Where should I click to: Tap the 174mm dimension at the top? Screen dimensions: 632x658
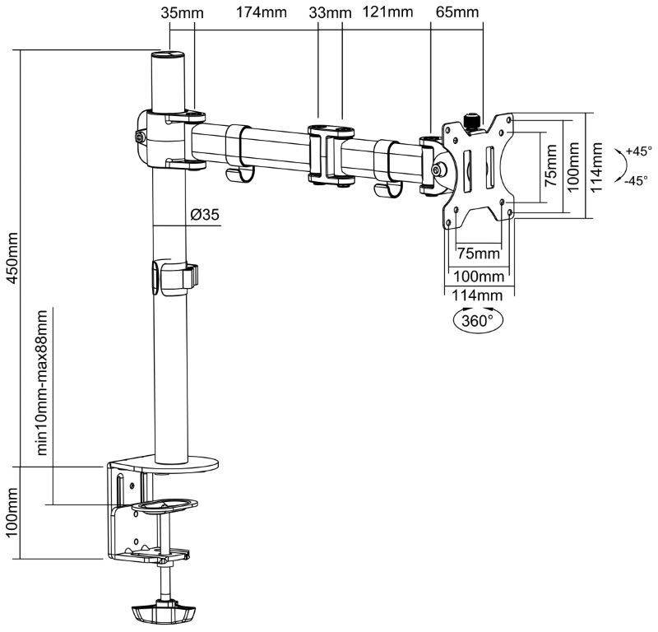point(255,12)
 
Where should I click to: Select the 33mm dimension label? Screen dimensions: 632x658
point(328,12)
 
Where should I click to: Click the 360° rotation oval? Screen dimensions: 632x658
point(476,319)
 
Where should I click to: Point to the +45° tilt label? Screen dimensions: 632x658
point(637,151)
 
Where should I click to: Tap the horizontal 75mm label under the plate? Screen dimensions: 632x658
point(478,252)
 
